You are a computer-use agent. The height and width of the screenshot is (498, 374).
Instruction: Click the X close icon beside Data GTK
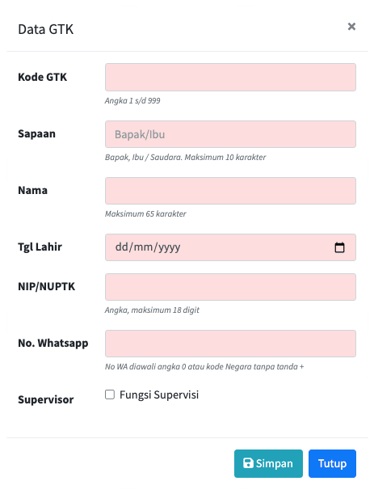coord(351,27)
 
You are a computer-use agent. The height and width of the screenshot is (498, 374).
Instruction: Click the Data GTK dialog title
coord(46,30)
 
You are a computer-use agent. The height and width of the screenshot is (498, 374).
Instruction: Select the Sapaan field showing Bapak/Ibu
coord(230,134)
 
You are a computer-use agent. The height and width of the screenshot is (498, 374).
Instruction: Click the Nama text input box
coord(230,191)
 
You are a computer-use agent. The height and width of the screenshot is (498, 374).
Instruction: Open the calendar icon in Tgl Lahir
coord(339,247)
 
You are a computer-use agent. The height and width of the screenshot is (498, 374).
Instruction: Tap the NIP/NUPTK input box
coord(230,287)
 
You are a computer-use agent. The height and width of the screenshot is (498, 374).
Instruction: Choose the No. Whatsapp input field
coord(230,344)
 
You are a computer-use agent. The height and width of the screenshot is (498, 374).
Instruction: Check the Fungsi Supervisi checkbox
coord(110,395)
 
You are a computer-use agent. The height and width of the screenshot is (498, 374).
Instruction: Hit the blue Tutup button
coord(332,463)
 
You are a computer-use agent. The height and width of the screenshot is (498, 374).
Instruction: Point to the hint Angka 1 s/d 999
coord(132,101)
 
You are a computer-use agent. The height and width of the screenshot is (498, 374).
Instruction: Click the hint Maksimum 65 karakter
coord(145,213)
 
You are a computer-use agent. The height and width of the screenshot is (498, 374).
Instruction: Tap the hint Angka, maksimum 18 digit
coord(152,310)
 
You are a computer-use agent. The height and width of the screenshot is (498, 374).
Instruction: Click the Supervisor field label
coord(46,399)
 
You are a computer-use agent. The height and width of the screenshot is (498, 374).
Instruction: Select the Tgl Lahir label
coord(40,247)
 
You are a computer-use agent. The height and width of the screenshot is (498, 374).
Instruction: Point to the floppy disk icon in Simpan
coord(248,463)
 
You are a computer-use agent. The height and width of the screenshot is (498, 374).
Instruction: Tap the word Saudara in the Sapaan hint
coord(166,157)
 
